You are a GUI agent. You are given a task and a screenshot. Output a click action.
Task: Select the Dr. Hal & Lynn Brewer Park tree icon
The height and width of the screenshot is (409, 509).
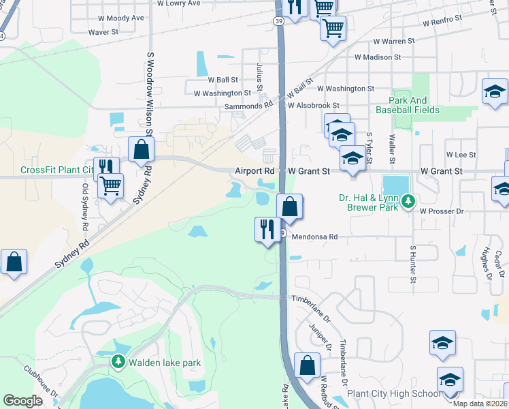408,201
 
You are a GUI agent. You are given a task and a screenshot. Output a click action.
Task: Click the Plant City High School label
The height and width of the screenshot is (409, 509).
393,394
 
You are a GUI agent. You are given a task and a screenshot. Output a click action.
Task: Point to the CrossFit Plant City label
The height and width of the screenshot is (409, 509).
57,170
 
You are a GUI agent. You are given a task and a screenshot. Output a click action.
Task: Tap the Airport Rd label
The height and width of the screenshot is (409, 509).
255,171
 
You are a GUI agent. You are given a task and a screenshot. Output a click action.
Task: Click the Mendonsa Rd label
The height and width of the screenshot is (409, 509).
315,237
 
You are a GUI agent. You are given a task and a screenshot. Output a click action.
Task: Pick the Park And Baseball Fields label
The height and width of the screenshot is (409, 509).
414,105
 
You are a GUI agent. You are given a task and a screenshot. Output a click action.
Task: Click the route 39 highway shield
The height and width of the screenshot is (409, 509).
280,21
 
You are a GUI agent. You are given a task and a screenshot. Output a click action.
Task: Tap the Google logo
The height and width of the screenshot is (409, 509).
22,401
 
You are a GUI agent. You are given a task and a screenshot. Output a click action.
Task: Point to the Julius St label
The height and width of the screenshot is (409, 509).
259,73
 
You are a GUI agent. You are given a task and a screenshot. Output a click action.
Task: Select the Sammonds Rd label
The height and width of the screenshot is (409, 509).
249,106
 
